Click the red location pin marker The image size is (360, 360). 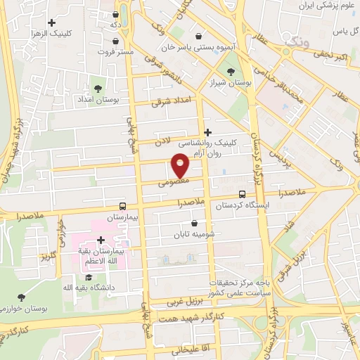181,165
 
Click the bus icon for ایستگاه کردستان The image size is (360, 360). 243,194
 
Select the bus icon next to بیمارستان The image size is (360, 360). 123,207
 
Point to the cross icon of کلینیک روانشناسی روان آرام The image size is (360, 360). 207,132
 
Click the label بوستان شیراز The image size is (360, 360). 231,83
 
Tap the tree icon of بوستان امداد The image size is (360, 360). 98,89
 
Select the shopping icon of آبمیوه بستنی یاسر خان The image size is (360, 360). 199,35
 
